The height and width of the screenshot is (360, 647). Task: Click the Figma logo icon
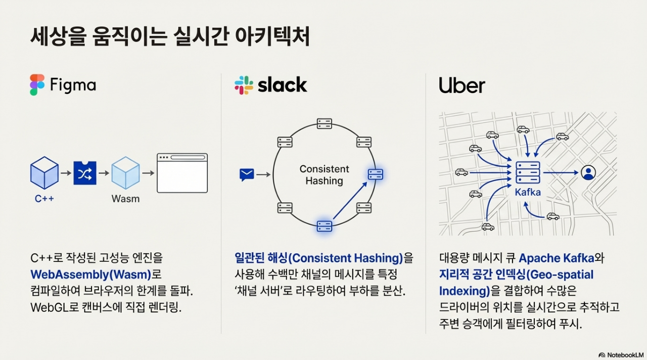pos(37,85)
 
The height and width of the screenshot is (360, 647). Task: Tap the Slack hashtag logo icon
pos(244,85)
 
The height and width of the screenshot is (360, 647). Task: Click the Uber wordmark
pos(461,85)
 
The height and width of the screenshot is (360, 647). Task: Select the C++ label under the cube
pos(44,199)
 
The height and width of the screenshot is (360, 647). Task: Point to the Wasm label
pos(125,199)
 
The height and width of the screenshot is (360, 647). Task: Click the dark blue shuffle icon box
pos(85,173)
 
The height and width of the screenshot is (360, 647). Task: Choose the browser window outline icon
pos(182,173)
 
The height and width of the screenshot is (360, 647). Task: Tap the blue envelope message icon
pos(247,175)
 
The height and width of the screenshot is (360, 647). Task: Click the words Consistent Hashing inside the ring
pos(324,175)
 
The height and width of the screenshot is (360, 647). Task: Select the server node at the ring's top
pos(324,123)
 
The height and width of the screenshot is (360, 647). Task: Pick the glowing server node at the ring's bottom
pos(324,226)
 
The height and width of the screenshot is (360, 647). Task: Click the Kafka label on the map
pos(528,193)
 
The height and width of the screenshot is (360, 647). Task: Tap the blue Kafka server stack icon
pos(528,172)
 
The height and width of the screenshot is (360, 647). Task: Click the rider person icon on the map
pos(588,172)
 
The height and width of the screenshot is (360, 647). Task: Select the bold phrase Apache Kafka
pos(556,258)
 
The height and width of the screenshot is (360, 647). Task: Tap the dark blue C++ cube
pos(44,172)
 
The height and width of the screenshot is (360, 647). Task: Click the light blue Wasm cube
pos(125,172)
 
